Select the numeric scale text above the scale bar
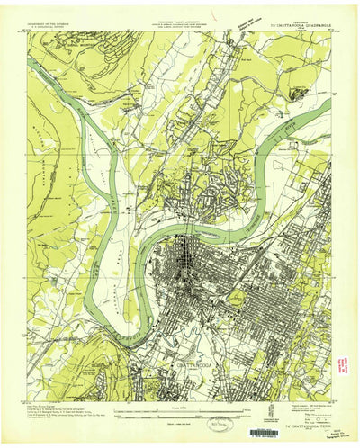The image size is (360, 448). [x=180, y=410]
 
